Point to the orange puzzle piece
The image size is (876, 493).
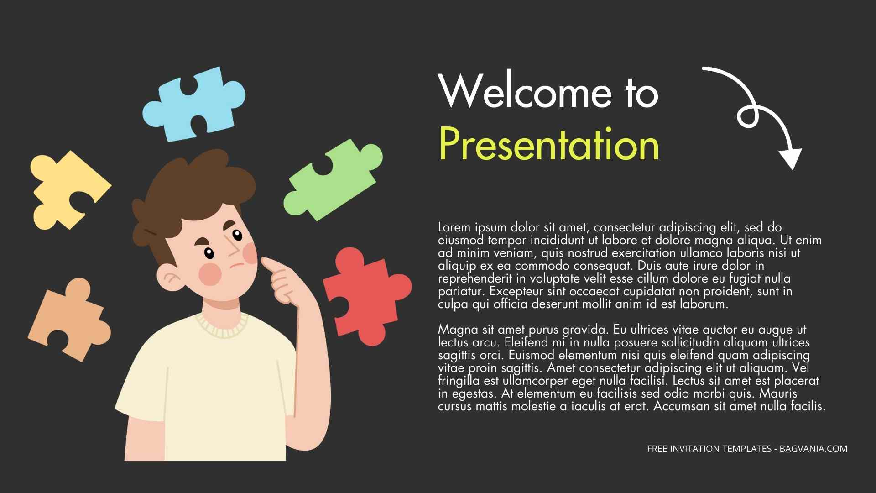[68, 320]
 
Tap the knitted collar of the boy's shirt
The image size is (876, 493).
[222, 325]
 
